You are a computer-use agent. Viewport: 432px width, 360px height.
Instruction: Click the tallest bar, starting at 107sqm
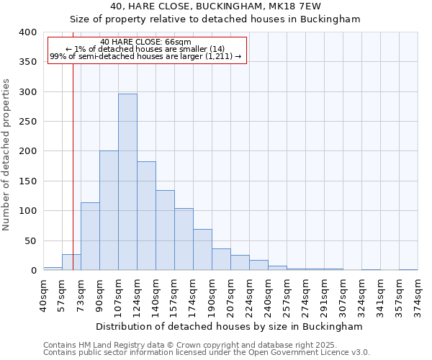pyautogui.click(x=127, y=182)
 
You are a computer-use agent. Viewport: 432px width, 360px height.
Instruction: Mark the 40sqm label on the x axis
pyautogui.click(x=43, y=295)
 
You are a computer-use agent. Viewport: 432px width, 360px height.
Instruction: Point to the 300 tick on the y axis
pyautogui.click(x=28, y=92)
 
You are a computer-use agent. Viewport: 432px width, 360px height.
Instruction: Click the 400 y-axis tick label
pyautogui.click(x=28, y=32)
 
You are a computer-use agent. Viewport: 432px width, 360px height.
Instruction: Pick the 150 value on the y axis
pyautogui.click(x=28, y=181)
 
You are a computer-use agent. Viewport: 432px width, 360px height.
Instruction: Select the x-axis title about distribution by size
pyautogui.click(x=229, y=326)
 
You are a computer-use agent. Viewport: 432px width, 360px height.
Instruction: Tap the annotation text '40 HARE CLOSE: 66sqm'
pyautogui.click(x=146, y=42)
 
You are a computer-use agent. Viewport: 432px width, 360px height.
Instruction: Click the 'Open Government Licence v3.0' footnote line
pyautogui.click(x=206, y=353)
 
